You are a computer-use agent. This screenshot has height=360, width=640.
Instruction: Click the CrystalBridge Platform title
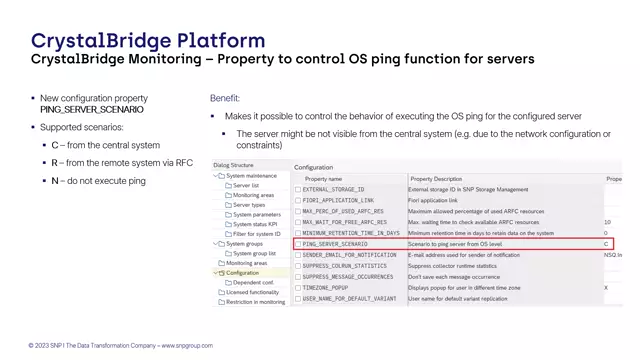pyautogui.click(x=148, y=41)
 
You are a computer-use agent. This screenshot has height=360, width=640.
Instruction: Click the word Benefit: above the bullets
pyautogui.click(x=224, y=98)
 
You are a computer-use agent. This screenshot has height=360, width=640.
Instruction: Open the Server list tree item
pyautogui.click(x=246, y=185)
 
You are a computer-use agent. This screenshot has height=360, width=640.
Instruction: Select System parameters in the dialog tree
pyautogui.click(x=257, y=214)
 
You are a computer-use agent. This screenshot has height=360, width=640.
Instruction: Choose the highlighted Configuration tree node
pyautogui.click(x=242, y=272)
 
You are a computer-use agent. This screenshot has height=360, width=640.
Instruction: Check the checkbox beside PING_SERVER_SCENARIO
pyautogui.click(x=298, y=244)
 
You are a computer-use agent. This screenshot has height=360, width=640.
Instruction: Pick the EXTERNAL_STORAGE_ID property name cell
pyautogui.click(x=334, y=189)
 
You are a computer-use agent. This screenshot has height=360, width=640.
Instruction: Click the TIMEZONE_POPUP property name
pyautogui.click(x=327, y=287)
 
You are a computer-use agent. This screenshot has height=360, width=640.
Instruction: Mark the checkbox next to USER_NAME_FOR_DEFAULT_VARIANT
pyautogui.click(x=298, y=298)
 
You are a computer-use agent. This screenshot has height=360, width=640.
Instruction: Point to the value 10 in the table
pyautogui.click(x=607, y=222)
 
